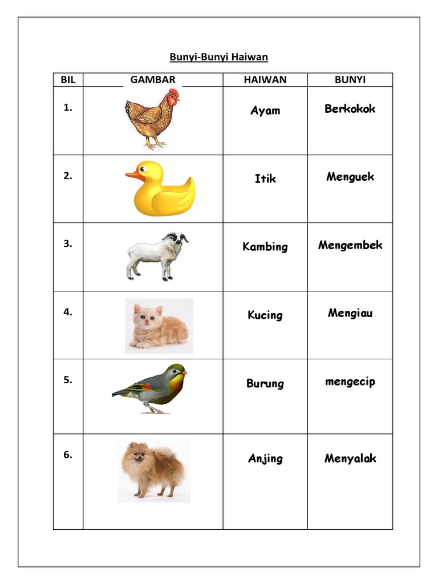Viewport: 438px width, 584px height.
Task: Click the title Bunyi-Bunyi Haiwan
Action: pyautogui.click(x=218, y=57)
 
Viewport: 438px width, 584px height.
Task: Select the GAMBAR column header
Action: pyautogui.click(x=153, y=80)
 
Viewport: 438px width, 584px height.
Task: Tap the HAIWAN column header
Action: pyautogui.click(x=265, y=80)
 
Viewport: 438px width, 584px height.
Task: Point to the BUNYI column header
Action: pyautogui.click(x=350, y=80)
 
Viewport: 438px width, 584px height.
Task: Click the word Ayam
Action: pyautogui.click(x=265, y=111)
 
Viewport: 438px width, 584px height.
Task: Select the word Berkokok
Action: pyautogui.click(x=350, y=109)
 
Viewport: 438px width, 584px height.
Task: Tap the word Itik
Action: pyautogui.click(x=265, y=179)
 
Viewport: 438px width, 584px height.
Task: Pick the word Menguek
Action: pyautogui.click(x=350, y=177)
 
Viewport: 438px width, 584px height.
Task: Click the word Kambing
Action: pyautogui.click(x=265, y=247)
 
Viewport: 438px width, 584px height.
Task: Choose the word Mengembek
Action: pyautogui.click(x=350, y=245)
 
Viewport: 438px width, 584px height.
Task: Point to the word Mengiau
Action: pyautogui.click(x=350, y=313)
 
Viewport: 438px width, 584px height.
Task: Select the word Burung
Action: pyautogui.click(x=265, y=383)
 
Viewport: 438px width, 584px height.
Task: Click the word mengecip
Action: pyautogui.click(x=350, y=382)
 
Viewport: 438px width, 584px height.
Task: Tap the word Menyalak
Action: pyautogui.click(x=350, y=458)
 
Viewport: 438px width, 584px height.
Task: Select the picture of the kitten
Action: pyautogui.click(x=159, y=326)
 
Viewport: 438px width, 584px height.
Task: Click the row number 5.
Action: pyautogui.click(x=68, y=380)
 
